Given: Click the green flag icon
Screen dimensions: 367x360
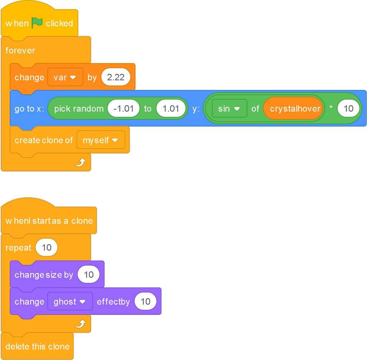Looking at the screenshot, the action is [37, 23].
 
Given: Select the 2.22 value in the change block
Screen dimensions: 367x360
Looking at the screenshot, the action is [116, 77].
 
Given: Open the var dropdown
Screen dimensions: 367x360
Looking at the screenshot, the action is [65, 77].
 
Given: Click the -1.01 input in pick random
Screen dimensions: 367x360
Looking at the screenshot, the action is [124, 108].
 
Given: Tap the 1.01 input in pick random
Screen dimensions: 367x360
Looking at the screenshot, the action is [171, 108].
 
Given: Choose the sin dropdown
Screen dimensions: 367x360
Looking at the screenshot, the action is [229, 108].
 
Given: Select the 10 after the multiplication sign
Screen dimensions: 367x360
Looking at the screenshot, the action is [348, 108].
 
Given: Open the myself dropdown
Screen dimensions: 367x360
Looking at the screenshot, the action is [101, 140].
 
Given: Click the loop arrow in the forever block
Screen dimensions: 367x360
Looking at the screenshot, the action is [81, 162].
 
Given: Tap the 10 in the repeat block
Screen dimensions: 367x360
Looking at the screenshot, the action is [47, 247].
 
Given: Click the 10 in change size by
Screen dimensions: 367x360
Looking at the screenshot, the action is [89, 274].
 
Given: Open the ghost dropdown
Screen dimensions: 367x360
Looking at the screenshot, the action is [70, 301].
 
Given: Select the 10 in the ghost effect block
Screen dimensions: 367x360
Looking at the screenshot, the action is [146, 301].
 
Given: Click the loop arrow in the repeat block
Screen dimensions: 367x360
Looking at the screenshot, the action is [81, 324].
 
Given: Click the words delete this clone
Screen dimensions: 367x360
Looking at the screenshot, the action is [37, 346].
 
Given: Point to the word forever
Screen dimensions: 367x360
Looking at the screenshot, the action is [20, 50].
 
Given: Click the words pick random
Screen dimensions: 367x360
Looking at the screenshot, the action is [79, 109].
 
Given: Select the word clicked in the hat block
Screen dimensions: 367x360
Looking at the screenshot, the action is [59, 23].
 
